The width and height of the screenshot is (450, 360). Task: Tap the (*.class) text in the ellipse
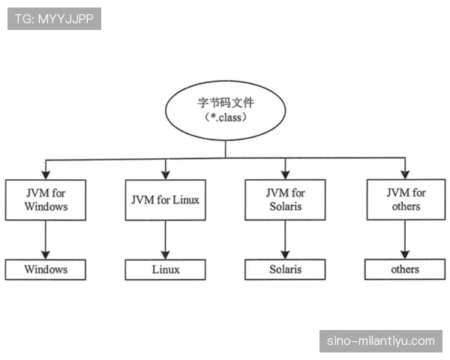pos(225,118)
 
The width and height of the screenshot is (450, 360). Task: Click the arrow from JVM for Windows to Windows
pos(46,240)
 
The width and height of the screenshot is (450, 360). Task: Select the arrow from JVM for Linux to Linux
pos(165,240)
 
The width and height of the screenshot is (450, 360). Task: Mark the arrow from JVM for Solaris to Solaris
pos(285,240)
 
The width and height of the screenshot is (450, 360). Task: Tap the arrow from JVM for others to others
pos(405,239)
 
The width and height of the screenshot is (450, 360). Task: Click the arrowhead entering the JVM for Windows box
pos(46,175)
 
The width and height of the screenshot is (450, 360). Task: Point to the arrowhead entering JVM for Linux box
pos(166,175)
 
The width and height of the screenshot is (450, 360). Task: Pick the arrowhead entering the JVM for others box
pos(405,175)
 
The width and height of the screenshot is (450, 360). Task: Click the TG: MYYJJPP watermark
pos(54,19)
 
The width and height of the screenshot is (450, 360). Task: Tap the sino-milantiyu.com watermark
pos(381,341)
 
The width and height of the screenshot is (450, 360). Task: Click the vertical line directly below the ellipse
pos(225,149)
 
